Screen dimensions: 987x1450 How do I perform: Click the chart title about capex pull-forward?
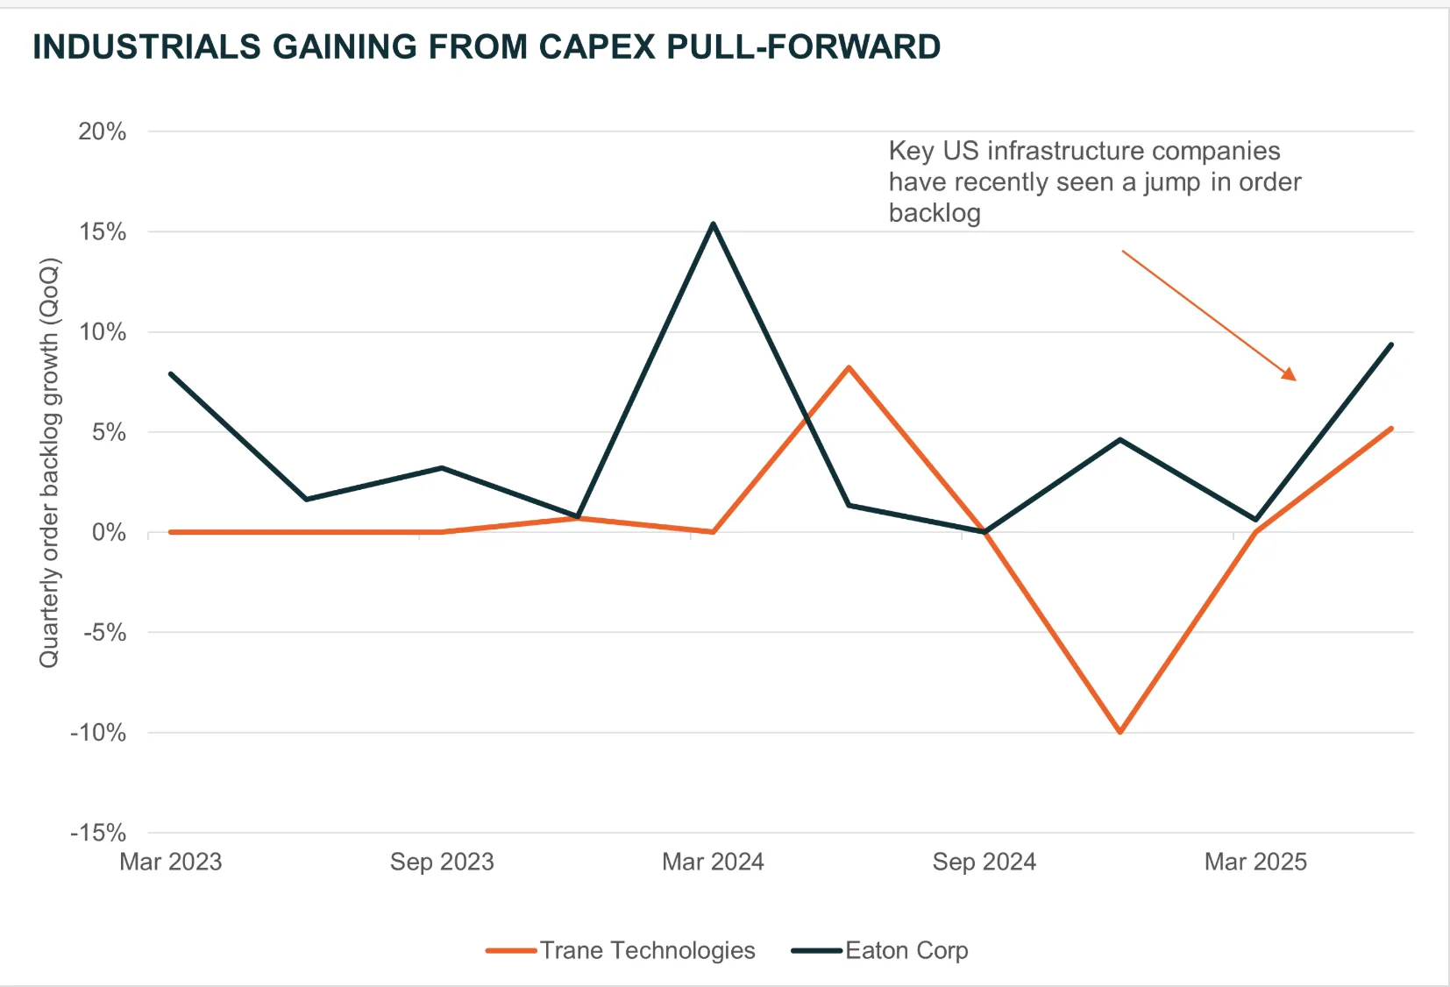click(x=487, y=46)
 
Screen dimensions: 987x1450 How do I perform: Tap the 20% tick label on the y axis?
click(x=103, y=131)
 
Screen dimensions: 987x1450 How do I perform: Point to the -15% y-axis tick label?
click(x=98, y=833)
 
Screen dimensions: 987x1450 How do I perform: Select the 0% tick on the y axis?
click(x=109, y=532)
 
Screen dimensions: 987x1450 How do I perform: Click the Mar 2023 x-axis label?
click(x=171, y=862)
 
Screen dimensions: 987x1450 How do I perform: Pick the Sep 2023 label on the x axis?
click(x=442, y=862)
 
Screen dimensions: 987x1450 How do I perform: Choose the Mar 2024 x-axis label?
click(x=713, y=862)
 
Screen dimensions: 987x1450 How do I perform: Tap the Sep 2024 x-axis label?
click(x=984, y=862)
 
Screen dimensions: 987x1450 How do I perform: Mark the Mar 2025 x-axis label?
click(x=1255, y=862)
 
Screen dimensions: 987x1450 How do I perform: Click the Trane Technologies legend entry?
click(x=647, y=950)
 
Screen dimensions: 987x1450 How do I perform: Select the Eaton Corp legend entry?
click(x=906, y=950)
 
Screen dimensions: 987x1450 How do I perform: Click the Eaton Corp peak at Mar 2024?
click(x=714, y=224)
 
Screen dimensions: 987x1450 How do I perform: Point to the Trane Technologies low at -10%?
click(x=1120, y=732)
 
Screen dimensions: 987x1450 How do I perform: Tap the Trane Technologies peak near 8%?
click(x=849, y=367)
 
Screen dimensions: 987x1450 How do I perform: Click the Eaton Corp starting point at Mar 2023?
click(x=171, y=374)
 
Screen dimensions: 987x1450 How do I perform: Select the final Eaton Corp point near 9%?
click(x=1391, y=344)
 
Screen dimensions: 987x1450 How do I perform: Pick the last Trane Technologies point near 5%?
click(x=1391, y=429)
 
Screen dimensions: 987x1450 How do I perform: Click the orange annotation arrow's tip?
click(x=1294, y=379)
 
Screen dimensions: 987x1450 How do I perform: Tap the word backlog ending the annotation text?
click(x=935, y=213)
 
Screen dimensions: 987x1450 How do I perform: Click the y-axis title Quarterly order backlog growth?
click(x=49, y=462)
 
